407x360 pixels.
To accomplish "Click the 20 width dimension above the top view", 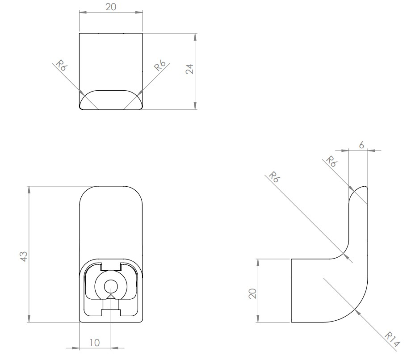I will pyautogui.click(x=110, y=8).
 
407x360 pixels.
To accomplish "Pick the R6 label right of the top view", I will pyautogui.click(x=160, y=65).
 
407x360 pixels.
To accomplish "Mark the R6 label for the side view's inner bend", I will pyautogui.click(x=274, y=177).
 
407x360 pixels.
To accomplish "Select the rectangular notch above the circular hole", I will pyautogui.click(x=110, y=267).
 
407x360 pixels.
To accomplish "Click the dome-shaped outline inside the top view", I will pyautogui.click(x=111, y=99).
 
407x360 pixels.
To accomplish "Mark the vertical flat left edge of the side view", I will pyautogui.click(x=291, y=290).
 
